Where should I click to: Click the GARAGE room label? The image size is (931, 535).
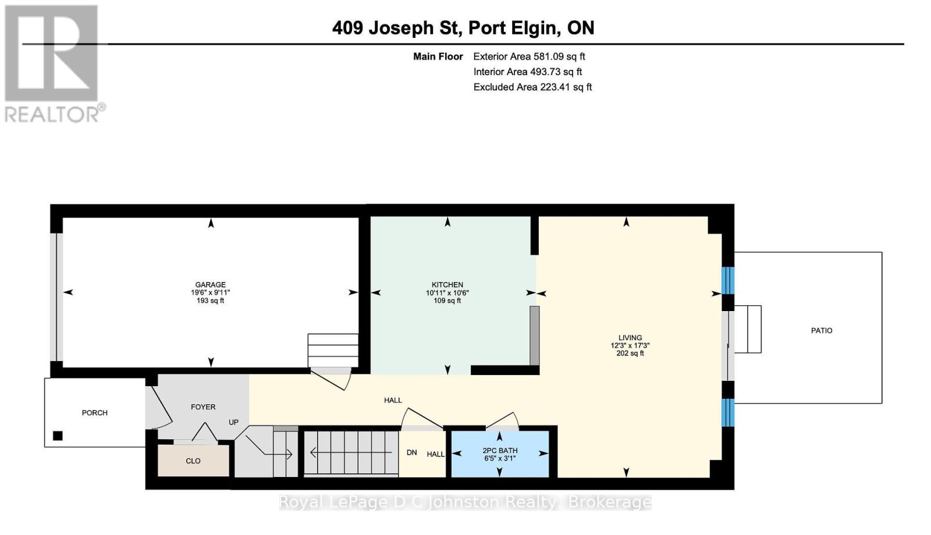click(x=210, y=284)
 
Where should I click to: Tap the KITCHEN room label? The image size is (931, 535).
click(x=447, y=284)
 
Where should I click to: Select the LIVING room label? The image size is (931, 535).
click(x=630, y=338)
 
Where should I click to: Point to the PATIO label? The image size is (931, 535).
click(x=822, y=331)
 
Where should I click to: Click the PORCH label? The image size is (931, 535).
click(x=95, y=413)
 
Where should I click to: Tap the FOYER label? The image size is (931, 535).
click(x=203, y=407)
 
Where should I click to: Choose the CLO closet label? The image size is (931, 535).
click(x=193, y=461)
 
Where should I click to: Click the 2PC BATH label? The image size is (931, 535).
click(x=500, y=450)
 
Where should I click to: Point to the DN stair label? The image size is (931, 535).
click(x=412, y=452)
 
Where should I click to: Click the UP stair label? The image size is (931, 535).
click(x=233, y=422)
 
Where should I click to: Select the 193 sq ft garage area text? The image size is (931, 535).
click(x=210, y=300)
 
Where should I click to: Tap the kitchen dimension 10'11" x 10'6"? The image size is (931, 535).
click(x=447, y=293)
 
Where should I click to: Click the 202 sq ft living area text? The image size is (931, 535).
click(x=630, y=353)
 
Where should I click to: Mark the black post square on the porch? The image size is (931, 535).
click(x=58, y=436)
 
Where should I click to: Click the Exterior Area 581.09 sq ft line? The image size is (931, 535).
click(x=529, y=56)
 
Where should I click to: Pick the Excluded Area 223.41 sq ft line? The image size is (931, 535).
click(x=532, y=87)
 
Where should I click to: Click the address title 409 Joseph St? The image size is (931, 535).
click(x=397, y=28)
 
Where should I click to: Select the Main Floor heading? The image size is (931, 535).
click(x=438, y=56)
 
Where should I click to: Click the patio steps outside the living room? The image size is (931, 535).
click(x=748, y=329)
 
